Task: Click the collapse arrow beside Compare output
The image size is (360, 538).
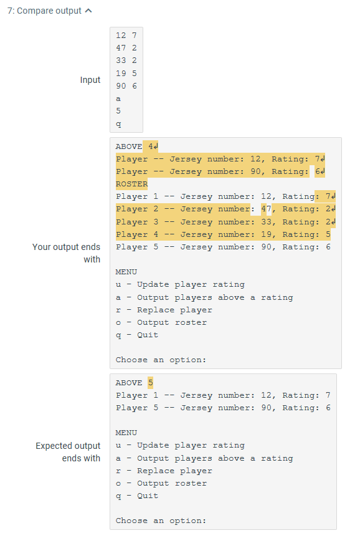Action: pos(88,11)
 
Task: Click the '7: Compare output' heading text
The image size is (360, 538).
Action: pos(44,11)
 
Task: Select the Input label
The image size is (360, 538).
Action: pos(90,80)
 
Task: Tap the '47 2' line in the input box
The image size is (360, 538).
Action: pos(126,48)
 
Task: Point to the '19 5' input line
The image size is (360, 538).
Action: pos(126,73)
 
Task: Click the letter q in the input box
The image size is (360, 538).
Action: pos(118,124)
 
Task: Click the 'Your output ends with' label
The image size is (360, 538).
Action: pos(66,253)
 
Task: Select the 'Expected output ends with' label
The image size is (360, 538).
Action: pos(68,452)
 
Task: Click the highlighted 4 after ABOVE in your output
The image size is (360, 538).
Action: pos(151,147)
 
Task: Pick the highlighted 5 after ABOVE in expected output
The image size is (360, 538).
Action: pos(151,383)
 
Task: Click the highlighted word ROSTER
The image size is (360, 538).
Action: pos(131,184)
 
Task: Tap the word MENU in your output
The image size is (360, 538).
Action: pos(126,272)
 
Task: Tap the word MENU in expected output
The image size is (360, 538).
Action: pos(126,433)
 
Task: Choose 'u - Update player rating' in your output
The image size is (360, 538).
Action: pos(181,284)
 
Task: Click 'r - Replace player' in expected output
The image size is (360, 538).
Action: pos(164,471)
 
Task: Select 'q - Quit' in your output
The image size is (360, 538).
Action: pos(137,335)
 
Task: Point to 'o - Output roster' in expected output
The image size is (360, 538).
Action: pos(161,483)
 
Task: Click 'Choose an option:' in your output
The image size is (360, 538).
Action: pos(161,360)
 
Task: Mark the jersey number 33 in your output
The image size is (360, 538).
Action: pos(267,222)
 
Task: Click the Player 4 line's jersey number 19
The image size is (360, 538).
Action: pos(267,234)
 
